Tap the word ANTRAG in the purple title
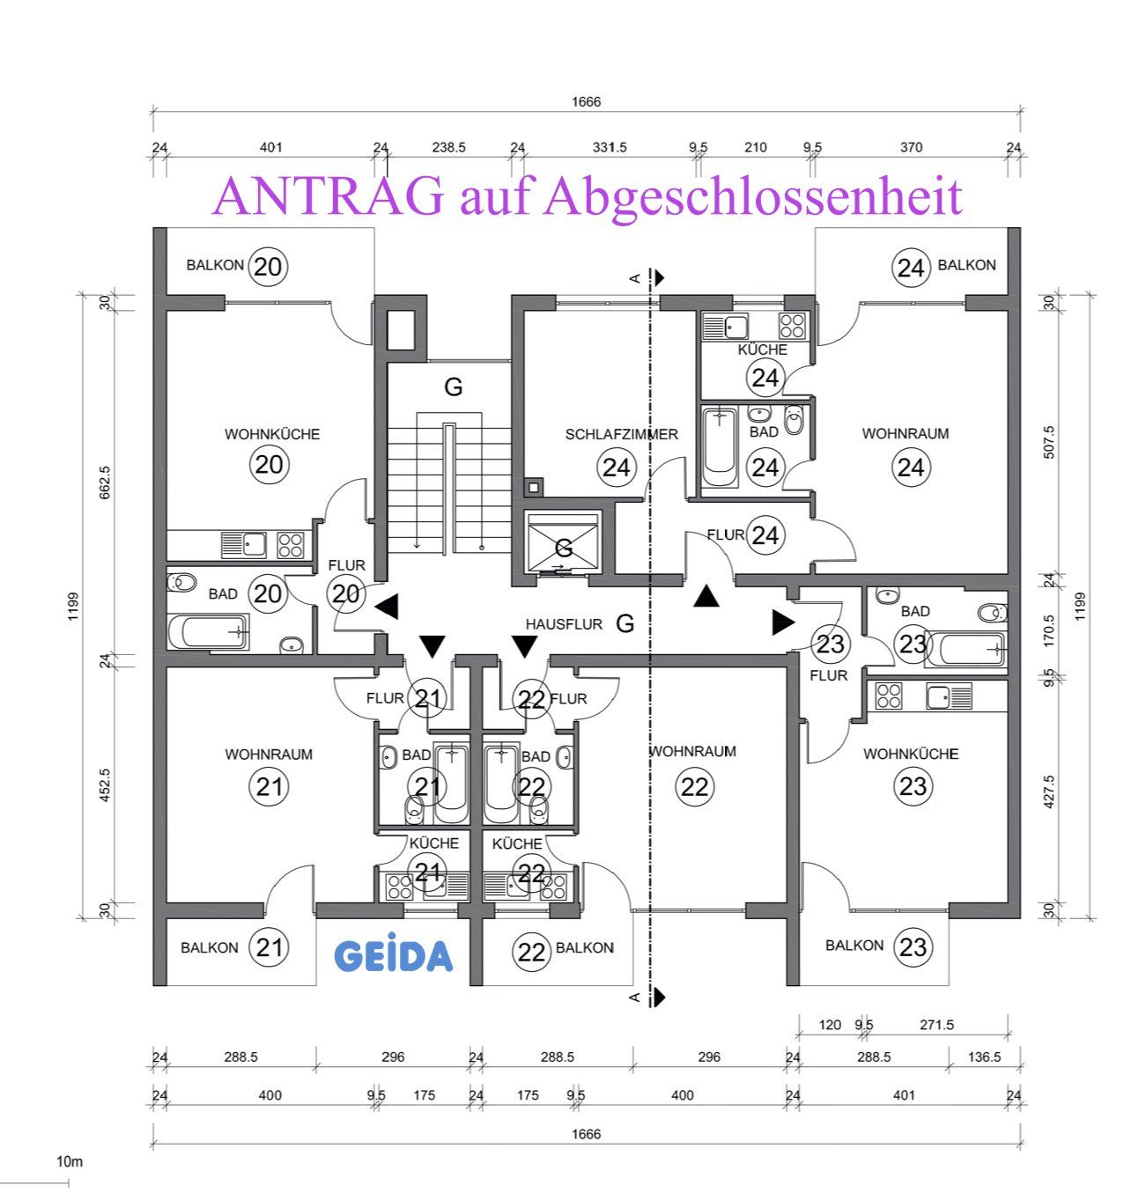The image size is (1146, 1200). point(328,196)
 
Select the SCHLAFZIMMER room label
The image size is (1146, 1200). point(621,435)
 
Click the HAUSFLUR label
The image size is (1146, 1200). point(564,624)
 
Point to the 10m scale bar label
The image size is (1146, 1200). point(69,1161)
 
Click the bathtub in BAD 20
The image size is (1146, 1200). point(208,632)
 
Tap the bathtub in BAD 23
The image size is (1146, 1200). point(965,650)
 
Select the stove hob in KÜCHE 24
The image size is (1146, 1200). point(792,326)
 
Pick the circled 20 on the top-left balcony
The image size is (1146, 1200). point(268,267)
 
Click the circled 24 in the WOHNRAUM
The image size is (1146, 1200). point(910,468)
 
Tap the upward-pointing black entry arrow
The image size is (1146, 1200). point(706,596)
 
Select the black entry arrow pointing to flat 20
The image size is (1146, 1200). point(386,607)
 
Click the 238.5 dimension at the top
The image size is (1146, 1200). point(448,148)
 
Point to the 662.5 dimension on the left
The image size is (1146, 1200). point(105,482)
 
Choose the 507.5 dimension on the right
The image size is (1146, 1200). point(1048,442)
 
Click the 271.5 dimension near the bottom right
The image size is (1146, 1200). point(936,1025)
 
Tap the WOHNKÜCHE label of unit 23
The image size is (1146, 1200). point(910,755)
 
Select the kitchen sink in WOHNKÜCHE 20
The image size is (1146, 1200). point(244,545)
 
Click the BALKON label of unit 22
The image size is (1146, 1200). point(584,948)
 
